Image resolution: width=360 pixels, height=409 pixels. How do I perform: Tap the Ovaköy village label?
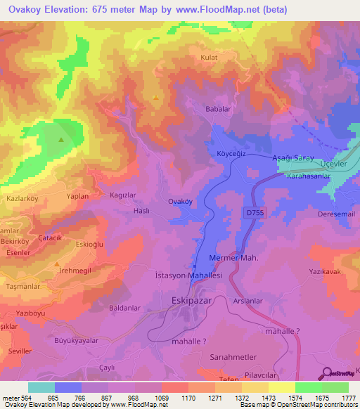(x=180, y=201)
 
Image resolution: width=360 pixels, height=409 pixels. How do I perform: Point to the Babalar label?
(x=217, y=110)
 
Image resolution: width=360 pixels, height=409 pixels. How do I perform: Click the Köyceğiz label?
(x=230, y=152)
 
